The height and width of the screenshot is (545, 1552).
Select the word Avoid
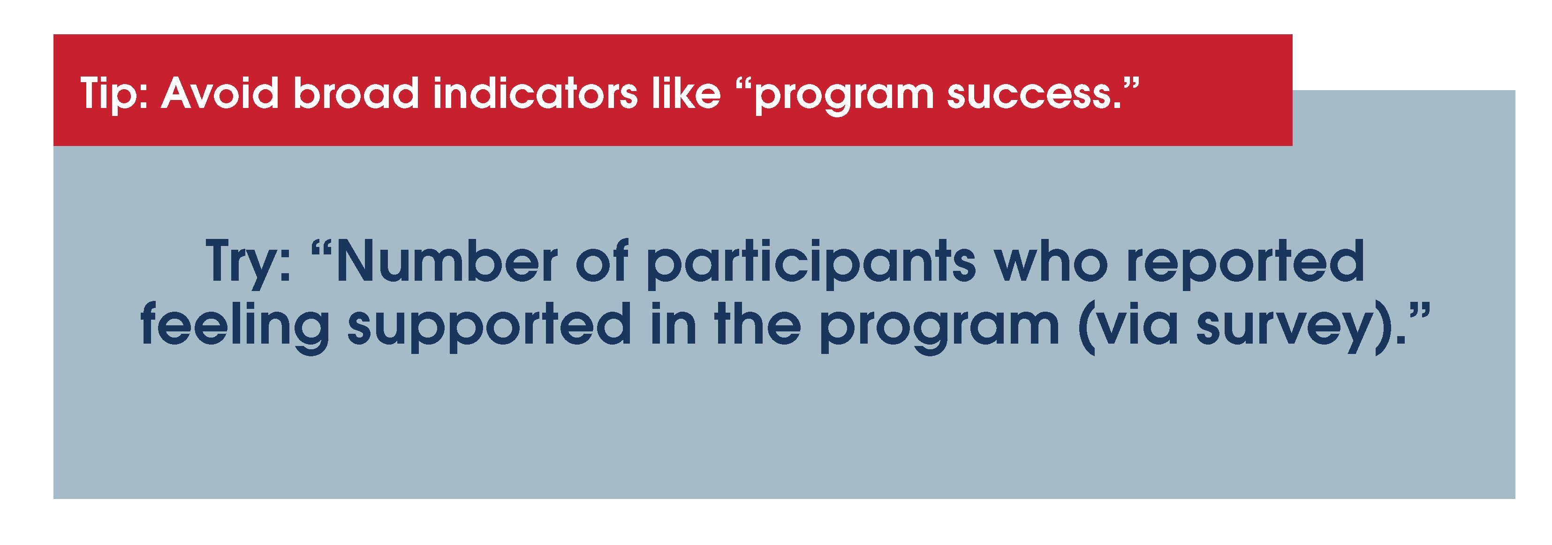220,93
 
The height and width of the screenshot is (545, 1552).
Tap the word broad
356,93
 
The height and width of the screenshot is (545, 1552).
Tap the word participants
811,264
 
